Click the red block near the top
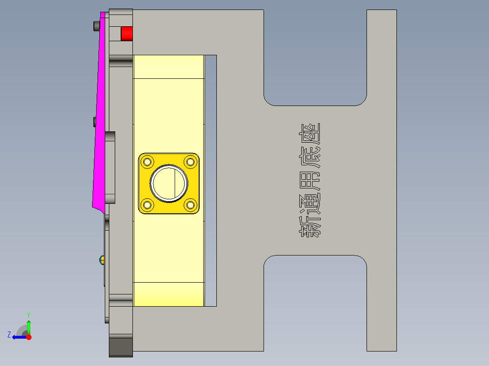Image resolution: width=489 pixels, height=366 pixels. (x=126, y=34)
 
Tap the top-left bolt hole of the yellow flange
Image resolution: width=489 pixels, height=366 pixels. (x=147, y=161)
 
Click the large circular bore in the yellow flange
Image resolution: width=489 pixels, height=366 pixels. (x=169, y=183)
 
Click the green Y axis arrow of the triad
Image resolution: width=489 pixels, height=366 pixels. (x=29, y=325)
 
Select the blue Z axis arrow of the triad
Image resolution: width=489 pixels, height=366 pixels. (x=18, y=337)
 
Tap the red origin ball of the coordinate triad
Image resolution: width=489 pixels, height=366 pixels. (x=29, y=337)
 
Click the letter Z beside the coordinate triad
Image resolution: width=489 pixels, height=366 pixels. (x=9, y=335)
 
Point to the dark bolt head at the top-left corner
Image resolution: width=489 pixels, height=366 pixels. (x=96, y=26)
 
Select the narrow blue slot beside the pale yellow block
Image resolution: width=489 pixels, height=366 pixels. (x=210, y=180)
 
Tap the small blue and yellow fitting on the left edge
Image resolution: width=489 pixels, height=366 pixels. (x=102, y=260)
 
